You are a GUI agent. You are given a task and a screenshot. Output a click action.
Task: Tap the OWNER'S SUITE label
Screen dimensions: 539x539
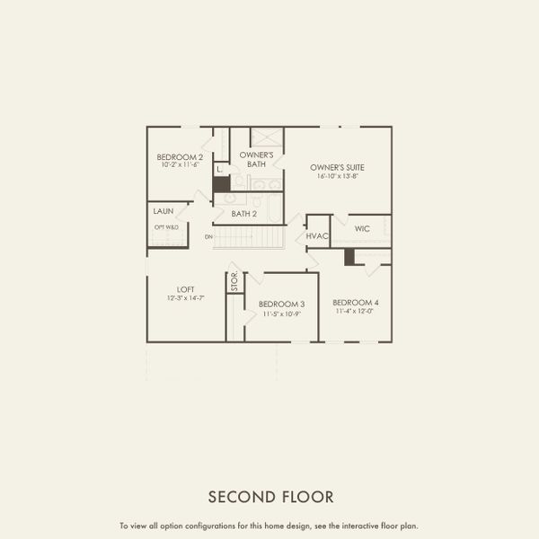pos(337,167)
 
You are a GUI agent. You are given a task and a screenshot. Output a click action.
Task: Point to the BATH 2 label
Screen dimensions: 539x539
pos(244,214)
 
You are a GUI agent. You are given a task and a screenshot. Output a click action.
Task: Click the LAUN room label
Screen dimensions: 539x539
pos(163,211)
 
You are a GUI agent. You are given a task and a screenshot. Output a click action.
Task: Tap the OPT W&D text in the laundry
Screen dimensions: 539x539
pos(166,227)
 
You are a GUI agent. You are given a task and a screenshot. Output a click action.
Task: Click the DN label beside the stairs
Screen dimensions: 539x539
pos(208,236)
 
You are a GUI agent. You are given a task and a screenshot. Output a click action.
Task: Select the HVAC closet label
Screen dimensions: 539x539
pos(318,235)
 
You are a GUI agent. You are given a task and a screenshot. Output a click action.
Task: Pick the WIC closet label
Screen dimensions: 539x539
pos(362,229)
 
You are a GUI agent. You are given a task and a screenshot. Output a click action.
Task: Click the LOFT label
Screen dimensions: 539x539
pos(185,288)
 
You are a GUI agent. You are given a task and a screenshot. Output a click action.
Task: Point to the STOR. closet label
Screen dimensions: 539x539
pos(234,282)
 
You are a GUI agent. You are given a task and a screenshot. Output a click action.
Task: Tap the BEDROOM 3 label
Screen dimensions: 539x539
pos(281,305)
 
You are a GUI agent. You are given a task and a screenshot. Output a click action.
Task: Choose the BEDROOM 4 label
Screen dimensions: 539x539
pos(355,303)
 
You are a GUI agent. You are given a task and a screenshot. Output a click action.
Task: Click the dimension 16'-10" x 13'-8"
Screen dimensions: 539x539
pos(337,177)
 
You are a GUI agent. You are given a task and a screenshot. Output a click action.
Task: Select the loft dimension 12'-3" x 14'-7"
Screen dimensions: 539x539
pos(185,297)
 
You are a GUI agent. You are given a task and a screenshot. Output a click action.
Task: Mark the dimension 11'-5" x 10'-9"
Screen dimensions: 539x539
pos(281,314)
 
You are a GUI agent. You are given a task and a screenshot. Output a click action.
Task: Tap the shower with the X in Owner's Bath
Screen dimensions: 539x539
pos(266,138)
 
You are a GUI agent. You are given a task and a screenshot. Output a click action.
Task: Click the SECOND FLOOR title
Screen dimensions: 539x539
pos(270,496)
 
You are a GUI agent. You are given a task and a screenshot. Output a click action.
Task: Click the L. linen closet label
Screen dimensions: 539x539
pos(219,168)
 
